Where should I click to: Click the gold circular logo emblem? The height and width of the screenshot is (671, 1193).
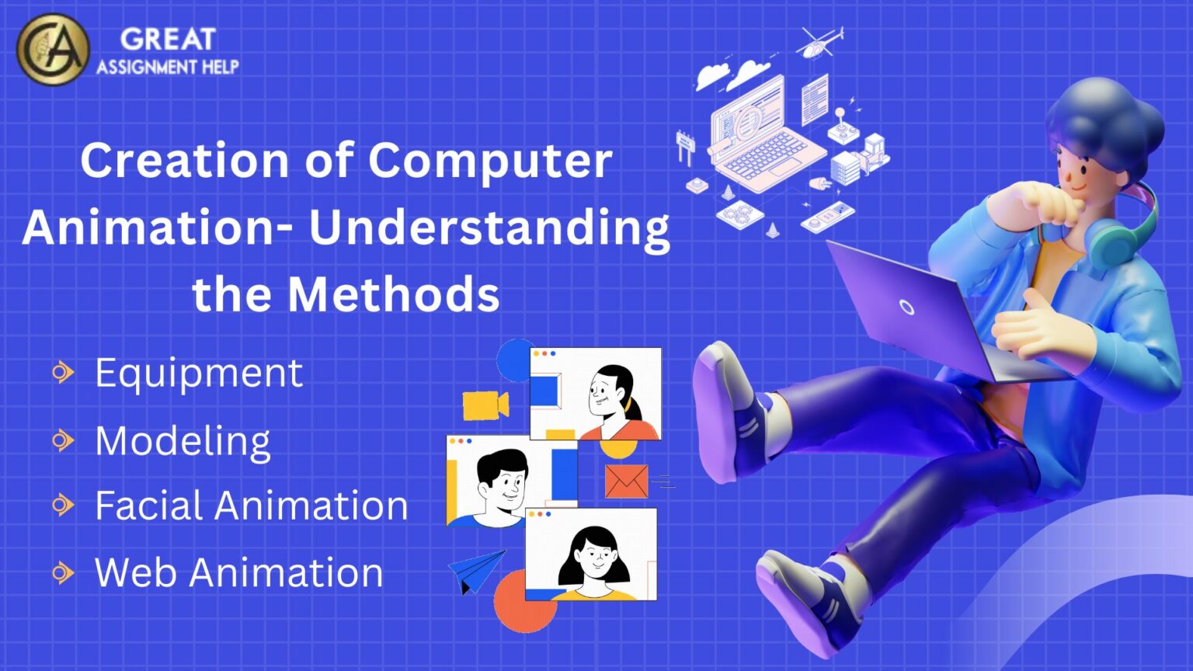[x=53, y=50]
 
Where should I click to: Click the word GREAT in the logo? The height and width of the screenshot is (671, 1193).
[x=168, y=39]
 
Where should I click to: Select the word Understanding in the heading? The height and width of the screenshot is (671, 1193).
[x=489, y=228]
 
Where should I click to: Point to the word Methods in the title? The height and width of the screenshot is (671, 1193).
[x=394, y=294]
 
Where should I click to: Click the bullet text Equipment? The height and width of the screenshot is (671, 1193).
[x=199, y=374]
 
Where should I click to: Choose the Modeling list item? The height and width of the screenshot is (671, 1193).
[x=183, y=441]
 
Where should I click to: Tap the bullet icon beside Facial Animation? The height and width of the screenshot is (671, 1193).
[x=62, y=506]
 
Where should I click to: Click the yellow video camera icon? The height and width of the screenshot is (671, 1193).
[x=485, y=405]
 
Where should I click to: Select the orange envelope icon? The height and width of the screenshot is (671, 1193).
[x=626, y=482]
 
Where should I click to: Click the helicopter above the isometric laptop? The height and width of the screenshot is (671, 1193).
[x=820, y=43]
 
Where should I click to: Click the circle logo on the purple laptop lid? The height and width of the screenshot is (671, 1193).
[x=906, y=307]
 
